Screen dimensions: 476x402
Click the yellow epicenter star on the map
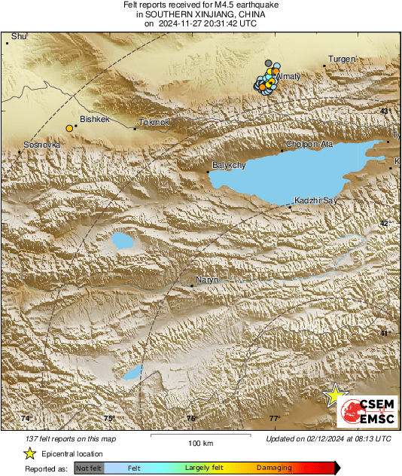click(333, 395)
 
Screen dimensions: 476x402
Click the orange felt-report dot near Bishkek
click(69, 128)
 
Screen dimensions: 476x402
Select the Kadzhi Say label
click(314, 200)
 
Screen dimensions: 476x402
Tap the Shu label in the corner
click(19, 36)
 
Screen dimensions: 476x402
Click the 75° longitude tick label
click(108, 418)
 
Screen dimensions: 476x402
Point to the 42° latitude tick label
click(385, 224)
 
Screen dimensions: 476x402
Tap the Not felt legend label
click(89, 468)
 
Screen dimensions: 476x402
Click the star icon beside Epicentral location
click(30, 453)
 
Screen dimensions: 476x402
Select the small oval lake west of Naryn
click(123, 242)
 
